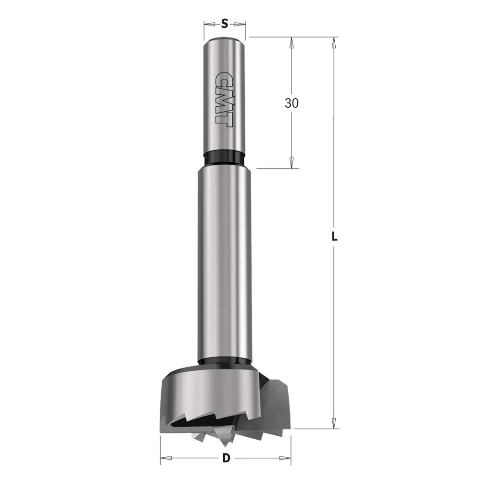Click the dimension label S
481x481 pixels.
tap(224, 24)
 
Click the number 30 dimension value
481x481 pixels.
tap(291, 103)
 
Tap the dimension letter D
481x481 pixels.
tap(226, 458)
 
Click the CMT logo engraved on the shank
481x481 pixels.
tap(224, 99)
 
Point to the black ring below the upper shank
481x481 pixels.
tap(224, 158)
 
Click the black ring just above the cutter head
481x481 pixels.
tap(225, 362)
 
